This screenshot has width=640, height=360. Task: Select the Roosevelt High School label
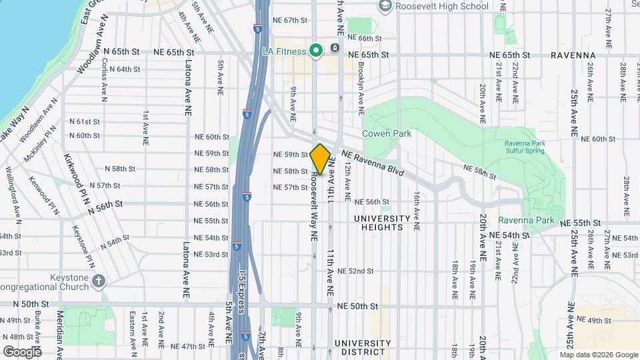tap(441, 6)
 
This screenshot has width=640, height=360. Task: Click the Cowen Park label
tap(387, 133)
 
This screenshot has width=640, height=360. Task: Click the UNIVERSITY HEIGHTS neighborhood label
tap(382, 223)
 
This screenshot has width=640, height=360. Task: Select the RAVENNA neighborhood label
tap(573, 55)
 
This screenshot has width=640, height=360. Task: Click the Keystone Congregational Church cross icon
tap(99, 280)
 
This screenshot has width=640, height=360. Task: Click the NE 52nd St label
tap(355, 271)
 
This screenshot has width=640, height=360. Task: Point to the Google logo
tap(22, 351)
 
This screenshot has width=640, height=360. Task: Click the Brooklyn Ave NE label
tap(361, 83)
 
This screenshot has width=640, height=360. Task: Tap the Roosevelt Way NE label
tap(313, 207)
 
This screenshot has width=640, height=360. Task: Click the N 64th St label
tap(124, 69)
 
